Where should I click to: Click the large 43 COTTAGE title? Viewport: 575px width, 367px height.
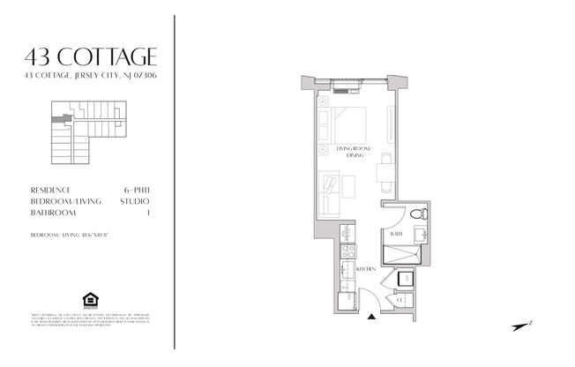(92, 58)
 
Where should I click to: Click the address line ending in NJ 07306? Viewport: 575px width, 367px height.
(92, 78)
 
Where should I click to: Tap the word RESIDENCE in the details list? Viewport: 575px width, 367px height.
(50, 190)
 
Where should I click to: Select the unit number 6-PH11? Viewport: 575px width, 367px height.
(137, 190)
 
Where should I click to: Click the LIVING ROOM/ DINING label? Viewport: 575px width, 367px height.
(355, 153)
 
